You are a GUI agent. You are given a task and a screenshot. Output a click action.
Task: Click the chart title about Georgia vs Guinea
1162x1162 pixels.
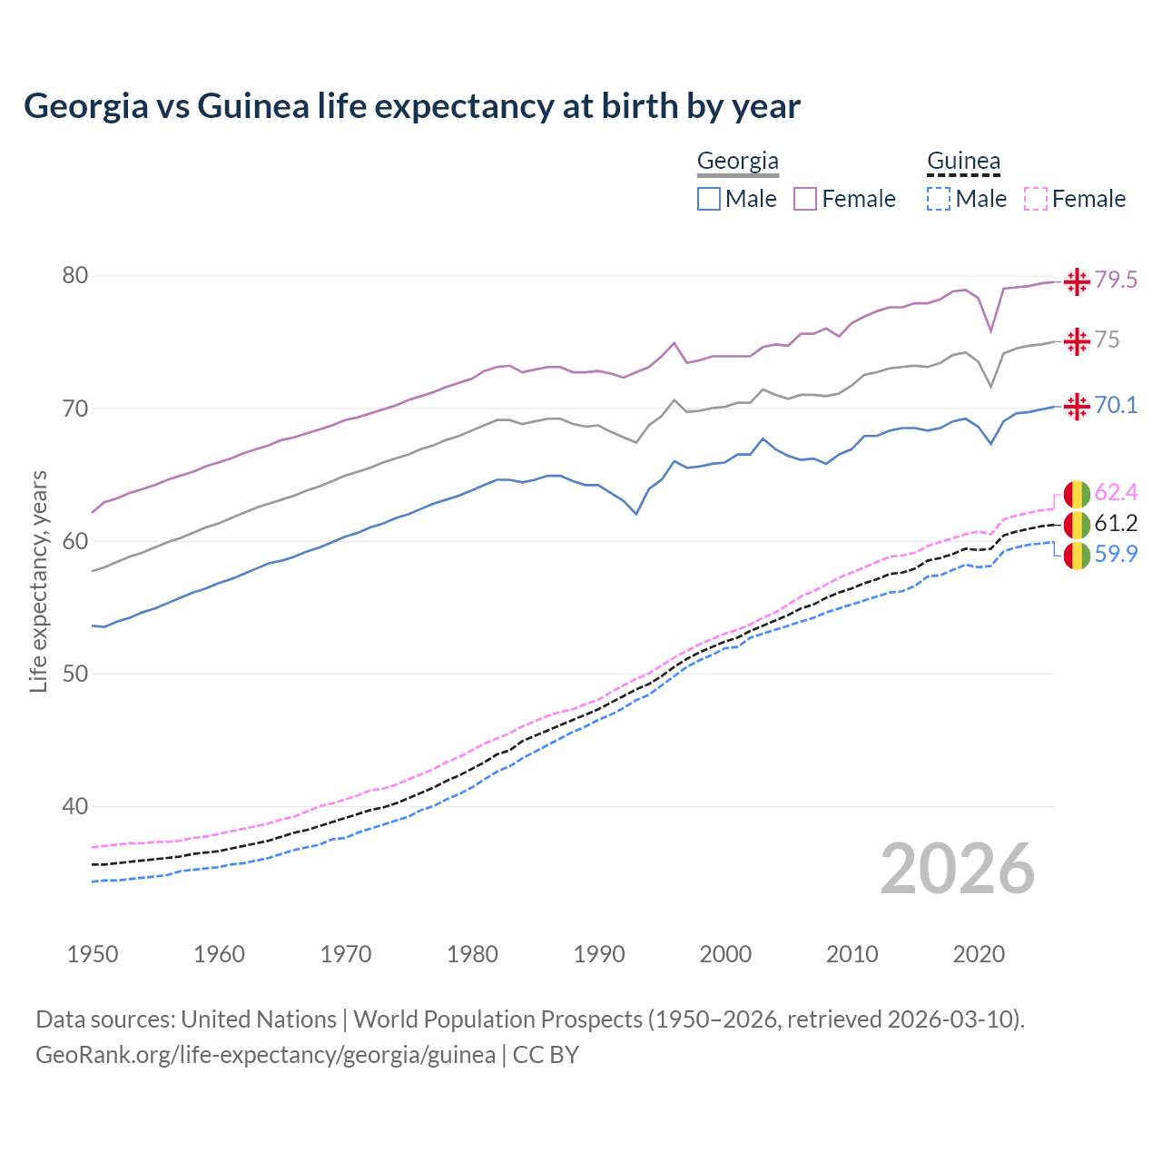point(412,106)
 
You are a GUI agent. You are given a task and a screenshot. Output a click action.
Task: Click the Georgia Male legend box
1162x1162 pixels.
point(709,199)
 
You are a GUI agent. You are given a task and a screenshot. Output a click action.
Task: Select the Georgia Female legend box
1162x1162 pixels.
point(805,199)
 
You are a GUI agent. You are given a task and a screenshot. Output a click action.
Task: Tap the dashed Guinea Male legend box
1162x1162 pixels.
point(939,199)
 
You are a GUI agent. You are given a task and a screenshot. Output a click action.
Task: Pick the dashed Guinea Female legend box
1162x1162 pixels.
point(1036,199)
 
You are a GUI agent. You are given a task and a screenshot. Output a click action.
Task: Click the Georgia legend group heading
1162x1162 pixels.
point(737,162)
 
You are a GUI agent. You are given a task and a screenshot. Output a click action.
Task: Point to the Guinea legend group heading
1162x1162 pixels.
point(963,162)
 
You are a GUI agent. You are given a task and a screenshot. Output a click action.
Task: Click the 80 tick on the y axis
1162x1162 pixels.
point(74,276)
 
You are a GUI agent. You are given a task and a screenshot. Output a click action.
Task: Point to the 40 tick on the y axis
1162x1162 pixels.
point(74,807)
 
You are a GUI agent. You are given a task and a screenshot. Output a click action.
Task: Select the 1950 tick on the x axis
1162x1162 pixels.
point(93,954)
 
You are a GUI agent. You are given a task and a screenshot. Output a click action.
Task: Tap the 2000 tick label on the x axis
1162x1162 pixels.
point(725,954)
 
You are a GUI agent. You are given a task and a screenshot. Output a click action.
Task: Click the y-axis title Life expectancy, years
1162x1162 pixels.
point(38,581)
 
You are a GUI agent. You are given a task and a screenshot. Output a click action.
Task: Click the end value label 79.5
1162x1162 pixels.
point(1116,281)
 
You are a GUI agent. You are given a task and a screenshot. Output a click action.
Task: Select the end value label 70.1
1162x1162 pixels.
point(1116,406)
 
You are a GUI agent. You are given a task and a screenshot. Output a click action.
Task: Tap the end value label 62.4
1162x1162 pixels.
point(1116,493)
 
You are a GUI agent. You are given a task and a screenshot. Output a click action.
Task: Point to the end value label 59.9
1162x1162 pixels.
point(1116,555)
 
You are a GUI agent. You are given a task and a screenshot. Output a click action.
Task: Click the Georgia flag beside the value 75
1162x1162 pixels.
point(1077,341)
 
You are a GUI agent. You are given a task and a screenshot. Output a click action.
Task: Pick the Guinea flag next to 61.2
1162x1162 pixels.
point(1077,525)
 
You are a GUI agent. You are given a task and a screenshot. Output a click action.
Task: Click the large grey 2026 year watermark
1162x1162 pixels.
point(958,870)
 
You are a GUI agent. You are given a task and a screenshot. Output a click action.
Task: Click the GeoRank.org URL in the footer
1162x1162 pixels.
point(265,1055)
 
